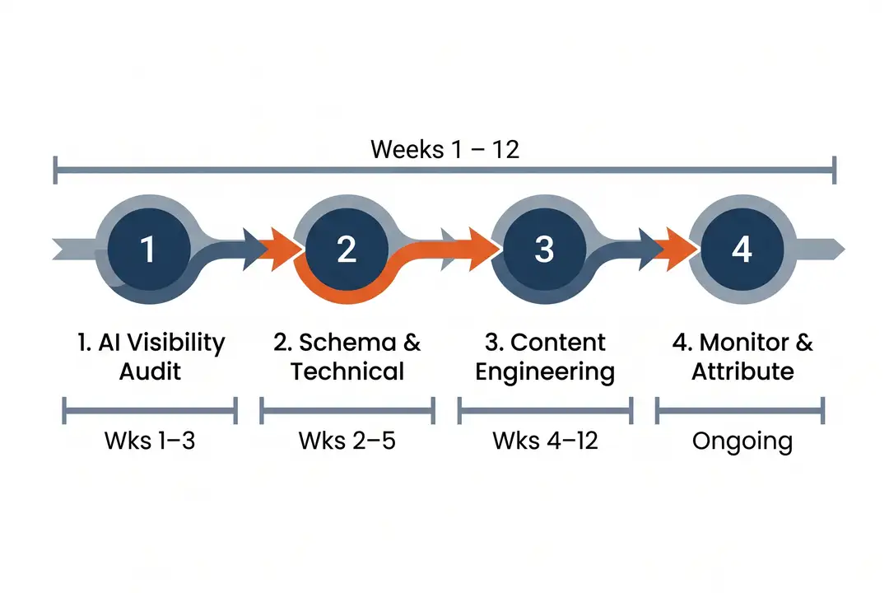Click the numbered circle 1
click(x=149, y=249)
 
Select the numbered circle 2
click(x=347, y=249)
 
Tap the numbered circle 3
click(x=544, y=249)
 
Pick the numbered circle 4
click(x=742, y=249)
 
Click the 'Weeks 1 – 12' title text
click(x=444, y=149)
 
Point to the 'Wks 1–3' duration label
click(x=150, y=441)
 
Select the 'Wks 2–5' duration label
click(x=347, y=441)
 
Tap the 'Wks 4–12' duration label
click(x=545, y=441)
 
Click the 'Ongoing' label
click(x=742, y=441)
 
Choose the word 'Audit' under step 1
click(x=150, y=371)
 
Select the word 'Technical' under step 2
click(x=347, y=371)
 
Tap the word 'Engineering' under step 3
click(x=545, y=372)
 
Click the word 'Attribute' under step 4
click(x=742, y=371)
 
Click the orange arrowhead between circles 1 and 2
click(x=277, y=247)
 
